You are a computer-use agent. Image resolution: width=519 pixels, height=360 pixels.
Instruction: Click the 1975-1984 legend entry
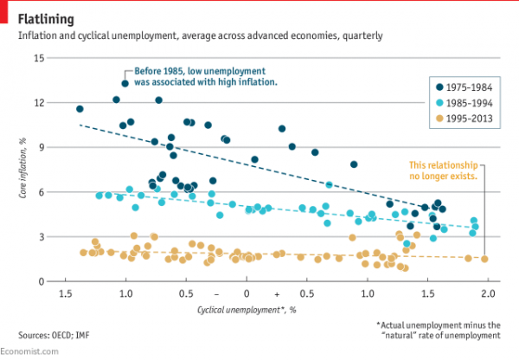coord(464,87)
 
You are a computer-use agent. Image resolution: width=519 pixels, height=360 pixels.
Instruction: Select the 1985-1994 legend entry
coord(464,102)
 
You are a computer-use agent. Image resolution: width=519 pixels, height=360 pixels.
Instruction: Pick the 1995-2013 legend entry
coord(464,118)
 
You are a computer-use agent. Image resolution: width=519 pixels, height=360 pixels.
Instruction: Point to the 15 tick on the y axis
coord(37,58)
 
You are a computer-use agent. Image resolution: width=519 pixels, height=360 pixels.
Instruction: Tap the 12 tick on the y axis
coord(37,103)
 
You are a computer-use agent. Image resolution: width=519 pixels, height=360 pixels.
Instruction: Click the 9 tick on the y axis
coord(39,148)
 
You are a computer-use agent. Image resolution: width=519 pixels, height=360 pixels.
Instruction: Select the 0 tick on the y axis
coord(39,281)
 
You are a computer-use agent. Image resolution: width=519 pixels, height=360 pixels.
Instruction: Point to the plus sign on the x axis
coord(276,294)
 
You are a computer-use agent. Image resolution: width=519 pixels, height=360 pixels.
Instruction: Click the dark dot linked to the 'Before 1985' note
coord(125,84)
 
